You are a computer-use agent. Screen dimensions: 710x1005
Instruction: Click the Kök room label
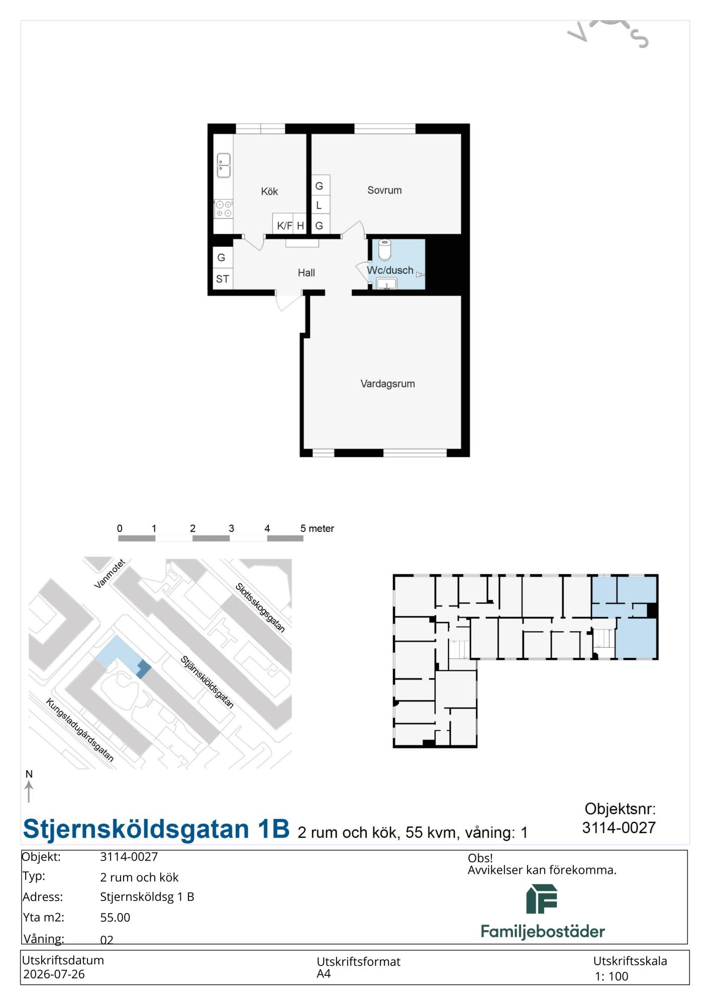coord(269,191)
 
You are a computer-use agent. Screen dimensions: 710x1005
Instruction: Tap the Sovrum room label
coord(384,190)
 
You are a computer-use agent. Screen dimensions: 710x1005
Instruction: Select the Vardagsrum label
coord(388,384)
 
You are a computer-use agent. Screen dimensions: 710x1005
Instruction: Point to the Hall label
coord(307,273)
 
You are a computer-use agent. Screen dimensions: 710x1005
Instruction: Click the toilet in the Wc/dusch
coord(384,249)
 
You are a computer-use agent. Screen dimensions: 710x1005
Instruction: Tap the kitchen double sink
coord(224,166)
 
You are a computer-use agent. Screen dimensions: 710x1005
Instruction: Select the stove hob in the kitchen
coord(224,209)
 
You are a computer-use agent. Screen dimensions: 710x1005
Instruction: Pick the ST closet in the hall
coord(223,279)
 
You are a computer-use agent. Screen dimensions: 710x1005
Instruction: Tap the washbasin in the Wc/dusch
coord(386,284)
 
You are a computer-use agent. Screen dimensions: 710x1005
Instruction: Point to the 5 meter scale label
coord(317,529)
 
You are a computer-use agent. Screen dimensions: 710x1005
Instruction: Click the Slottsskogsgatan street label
coord(260,608)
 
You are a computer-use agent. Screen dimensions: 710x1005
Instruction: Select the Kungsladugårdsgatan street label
coord(80,730)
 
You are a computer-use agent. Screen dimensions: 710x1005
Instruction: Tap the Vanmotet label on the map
coord(110,574)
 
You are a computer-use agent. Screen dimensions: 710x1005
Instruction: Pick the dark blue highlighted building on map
coord(143,669)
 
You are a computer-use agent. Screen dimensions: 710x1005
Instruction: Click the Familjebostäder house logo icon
coord(542,899)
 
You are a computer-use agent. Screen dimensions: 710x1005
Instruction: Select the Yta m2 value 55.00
coord(115,918)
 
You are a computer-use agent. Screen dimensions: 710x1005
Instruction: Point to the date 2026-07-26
coord(54,974)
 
